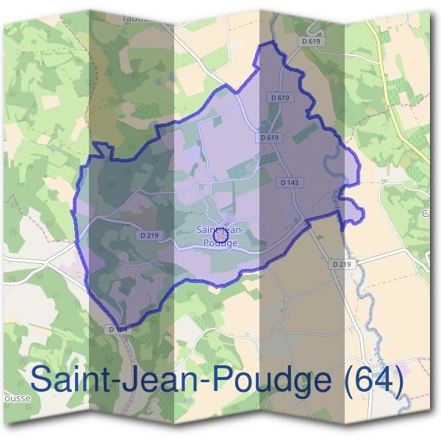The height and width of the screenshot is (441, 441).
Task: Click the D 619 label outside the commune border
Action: point(312,41)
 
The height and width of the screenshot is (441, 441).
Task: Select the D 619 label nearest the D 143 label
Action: point(270,137)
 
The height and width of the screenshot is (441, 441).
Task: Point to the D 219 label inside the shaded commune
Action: point(148,235)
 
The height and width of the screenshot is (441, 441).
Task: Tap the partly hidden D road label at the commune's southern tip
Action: point(119,329)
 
